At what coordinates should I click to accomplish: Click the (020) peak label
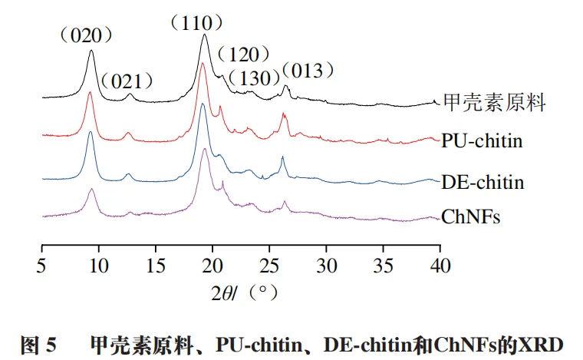89,35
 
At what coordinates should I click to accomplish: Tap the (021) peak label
127,81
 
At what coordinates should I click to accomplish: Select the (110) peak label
202,24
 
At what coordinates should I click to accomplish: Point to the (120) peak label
244,54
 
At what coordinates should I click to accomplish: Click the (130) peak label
255,78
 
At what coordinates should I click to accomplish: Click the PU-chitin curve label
481,140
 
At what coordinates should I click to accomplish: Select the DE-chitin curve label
483,183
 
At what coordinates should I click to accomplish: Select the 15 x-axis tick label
155,265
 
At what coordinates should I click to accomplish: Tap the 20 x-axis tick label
212,265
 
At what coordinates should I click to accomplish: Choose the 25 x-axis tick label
269,265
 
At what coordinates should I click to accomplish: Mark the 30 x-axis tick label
326,265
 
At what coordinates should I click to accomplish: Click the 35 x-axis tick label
383,265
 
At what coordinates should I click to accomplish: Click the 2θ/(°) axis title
242,292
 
